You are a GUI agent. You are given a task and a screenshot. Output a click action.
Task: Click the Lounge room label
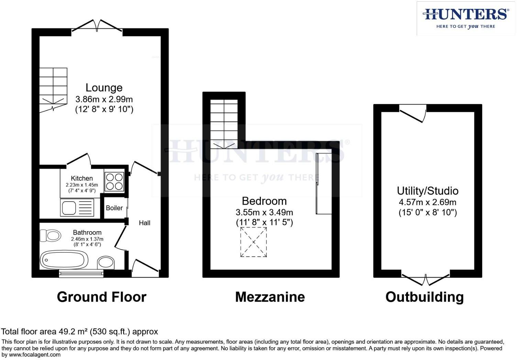(104, 88)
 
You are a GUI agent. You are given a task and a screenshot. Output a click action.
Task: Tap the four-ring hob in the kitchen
(114, 182)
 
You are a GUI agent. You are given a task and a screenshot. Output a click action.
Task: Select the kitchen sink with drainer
(77, 207)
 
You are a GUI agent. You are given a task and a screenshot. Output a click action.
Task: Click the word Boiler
(114, 208)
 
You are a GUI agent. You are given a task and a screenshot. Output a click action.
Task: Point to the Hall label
(144, 223)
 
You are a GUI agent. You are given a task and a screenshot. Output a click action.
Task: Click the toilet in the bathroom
(50, 236)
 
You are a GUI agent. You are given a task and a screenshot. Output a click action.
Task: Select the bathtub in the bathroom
(64, 259)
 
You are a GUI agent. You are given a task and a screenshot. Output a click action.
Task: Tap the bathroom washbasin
(106, 263)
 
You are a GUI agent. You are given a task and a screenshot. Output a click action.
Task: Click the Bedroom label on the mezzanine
(264, 201)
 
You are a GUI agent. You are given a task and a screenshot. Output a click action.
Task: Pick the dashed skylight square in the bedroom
(254, 242)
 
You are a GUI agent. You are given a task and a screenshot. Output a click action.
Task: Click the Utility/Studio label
(427, 191)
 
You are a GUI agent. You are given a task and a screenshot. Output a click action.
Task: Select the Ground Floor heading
(101, 297)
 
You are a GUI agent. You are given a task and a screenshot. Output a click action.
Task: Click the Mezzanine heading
(270, 297)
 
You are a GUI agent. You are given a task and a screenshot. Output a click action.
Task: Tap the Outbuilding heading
(425, 297)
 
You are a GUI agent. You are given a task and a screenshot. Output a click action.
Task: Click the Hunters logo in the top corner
(466, 18)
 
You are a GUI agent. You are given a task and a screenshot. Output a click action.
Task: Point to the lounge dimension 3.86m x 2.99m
(104, 99)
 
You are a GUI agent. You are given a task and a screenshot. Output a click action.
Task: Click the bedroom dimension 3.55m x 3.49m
(264, 212)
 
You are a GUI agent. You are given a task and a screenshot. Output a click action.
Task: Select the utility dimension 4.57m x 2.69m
(427, 202)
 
